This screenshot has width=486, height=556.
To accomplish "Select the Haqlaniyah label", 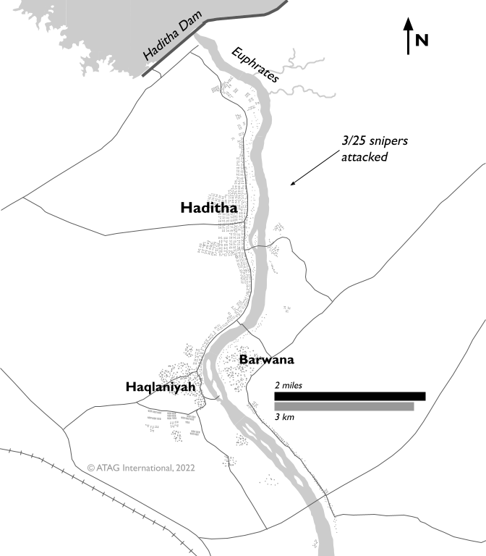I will coord(161,387).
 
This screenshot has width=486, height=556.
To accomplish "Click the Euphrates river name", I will coord(255,68).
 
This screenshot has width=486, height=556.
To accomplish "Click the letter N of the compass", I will coord(423,40).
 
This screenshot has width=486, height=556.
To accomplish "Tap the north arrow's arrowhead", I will coord(409,23).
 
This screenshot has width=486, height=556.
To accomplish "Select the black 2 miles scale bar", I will coord(349,396).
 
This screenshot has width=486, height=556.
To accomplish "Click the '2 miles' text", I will coord(289,386).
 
